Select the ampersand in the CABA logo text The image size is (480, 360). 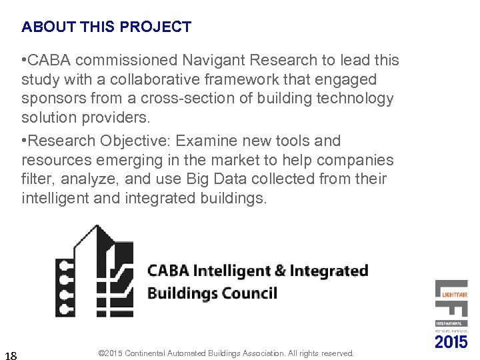point(279,271)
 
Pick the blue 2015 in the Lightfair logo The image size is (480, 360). point(451,342)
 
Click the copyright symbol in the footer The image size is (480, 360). point(101,353)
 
